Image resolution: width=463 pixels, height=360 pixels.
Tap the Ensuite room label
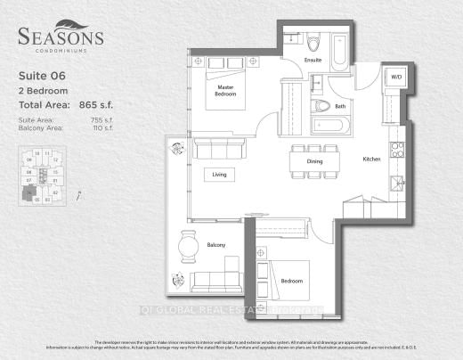coord(313,61)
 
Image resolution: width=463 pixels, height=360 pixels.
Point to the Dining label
coord(314,161)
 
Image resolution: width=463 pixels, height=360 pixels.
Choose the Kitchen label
coord(371,159)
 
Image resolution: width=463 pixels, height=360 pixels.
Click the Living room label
coord(220,175)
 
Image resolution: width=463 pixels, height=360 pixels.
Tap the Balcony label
coord(216,245)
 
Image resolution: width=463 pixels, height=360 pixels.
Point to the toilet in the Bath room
coord(323,106)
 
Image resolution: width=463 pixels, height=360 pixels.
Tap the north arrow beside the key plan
coord(79,193)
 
